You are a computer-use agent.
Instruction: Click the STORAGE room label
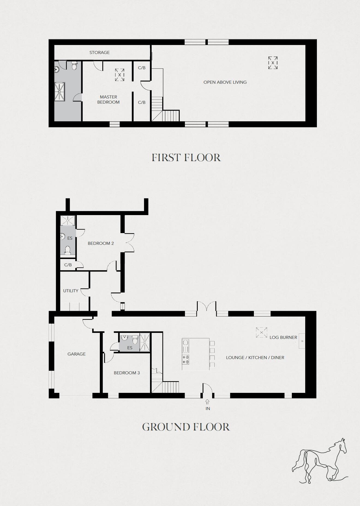click(x=100, y=52)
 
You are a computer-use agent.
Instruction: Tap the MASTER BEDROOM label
click(x=108, y=100)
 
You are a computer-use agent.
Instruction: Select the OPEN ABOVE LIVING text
click(x=225, y=82)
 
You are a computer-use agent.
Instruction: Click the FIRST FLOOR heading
click(x=186, y=158)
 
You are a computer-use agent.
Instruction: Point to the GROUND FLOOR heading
click(x=186, y=427)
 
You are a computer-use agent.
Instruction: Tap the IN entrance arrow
click(x=208, y=402)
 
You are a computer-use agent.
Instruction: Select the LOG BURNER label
click(x=283, y=337)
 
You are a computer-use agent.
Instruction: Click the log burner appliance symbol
click(x=302, y=341)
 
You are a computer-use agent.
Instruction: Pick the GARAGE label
click(x=76, y=354)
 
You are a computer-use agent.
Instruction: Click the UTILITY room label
click(x=71, y=291)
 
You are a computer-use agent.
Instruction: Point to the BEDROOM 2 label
click(x=101, y=243)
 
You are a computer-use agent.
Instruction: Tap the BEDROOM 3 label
click(x=127, y=373)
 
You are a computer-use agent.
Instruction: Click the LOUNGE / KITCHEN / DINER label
click(x=255, y=357)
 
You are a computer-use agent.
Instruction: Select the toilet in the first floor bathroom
click(x=74, y=66)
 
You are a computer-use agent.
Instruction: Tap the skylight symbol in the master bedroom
click(x=119, y=75)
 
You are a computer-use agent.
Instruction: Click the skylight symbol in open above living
click(x=273, y=63)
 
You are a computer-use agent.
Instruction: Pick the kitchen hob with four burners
click(x=186, y=359)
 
